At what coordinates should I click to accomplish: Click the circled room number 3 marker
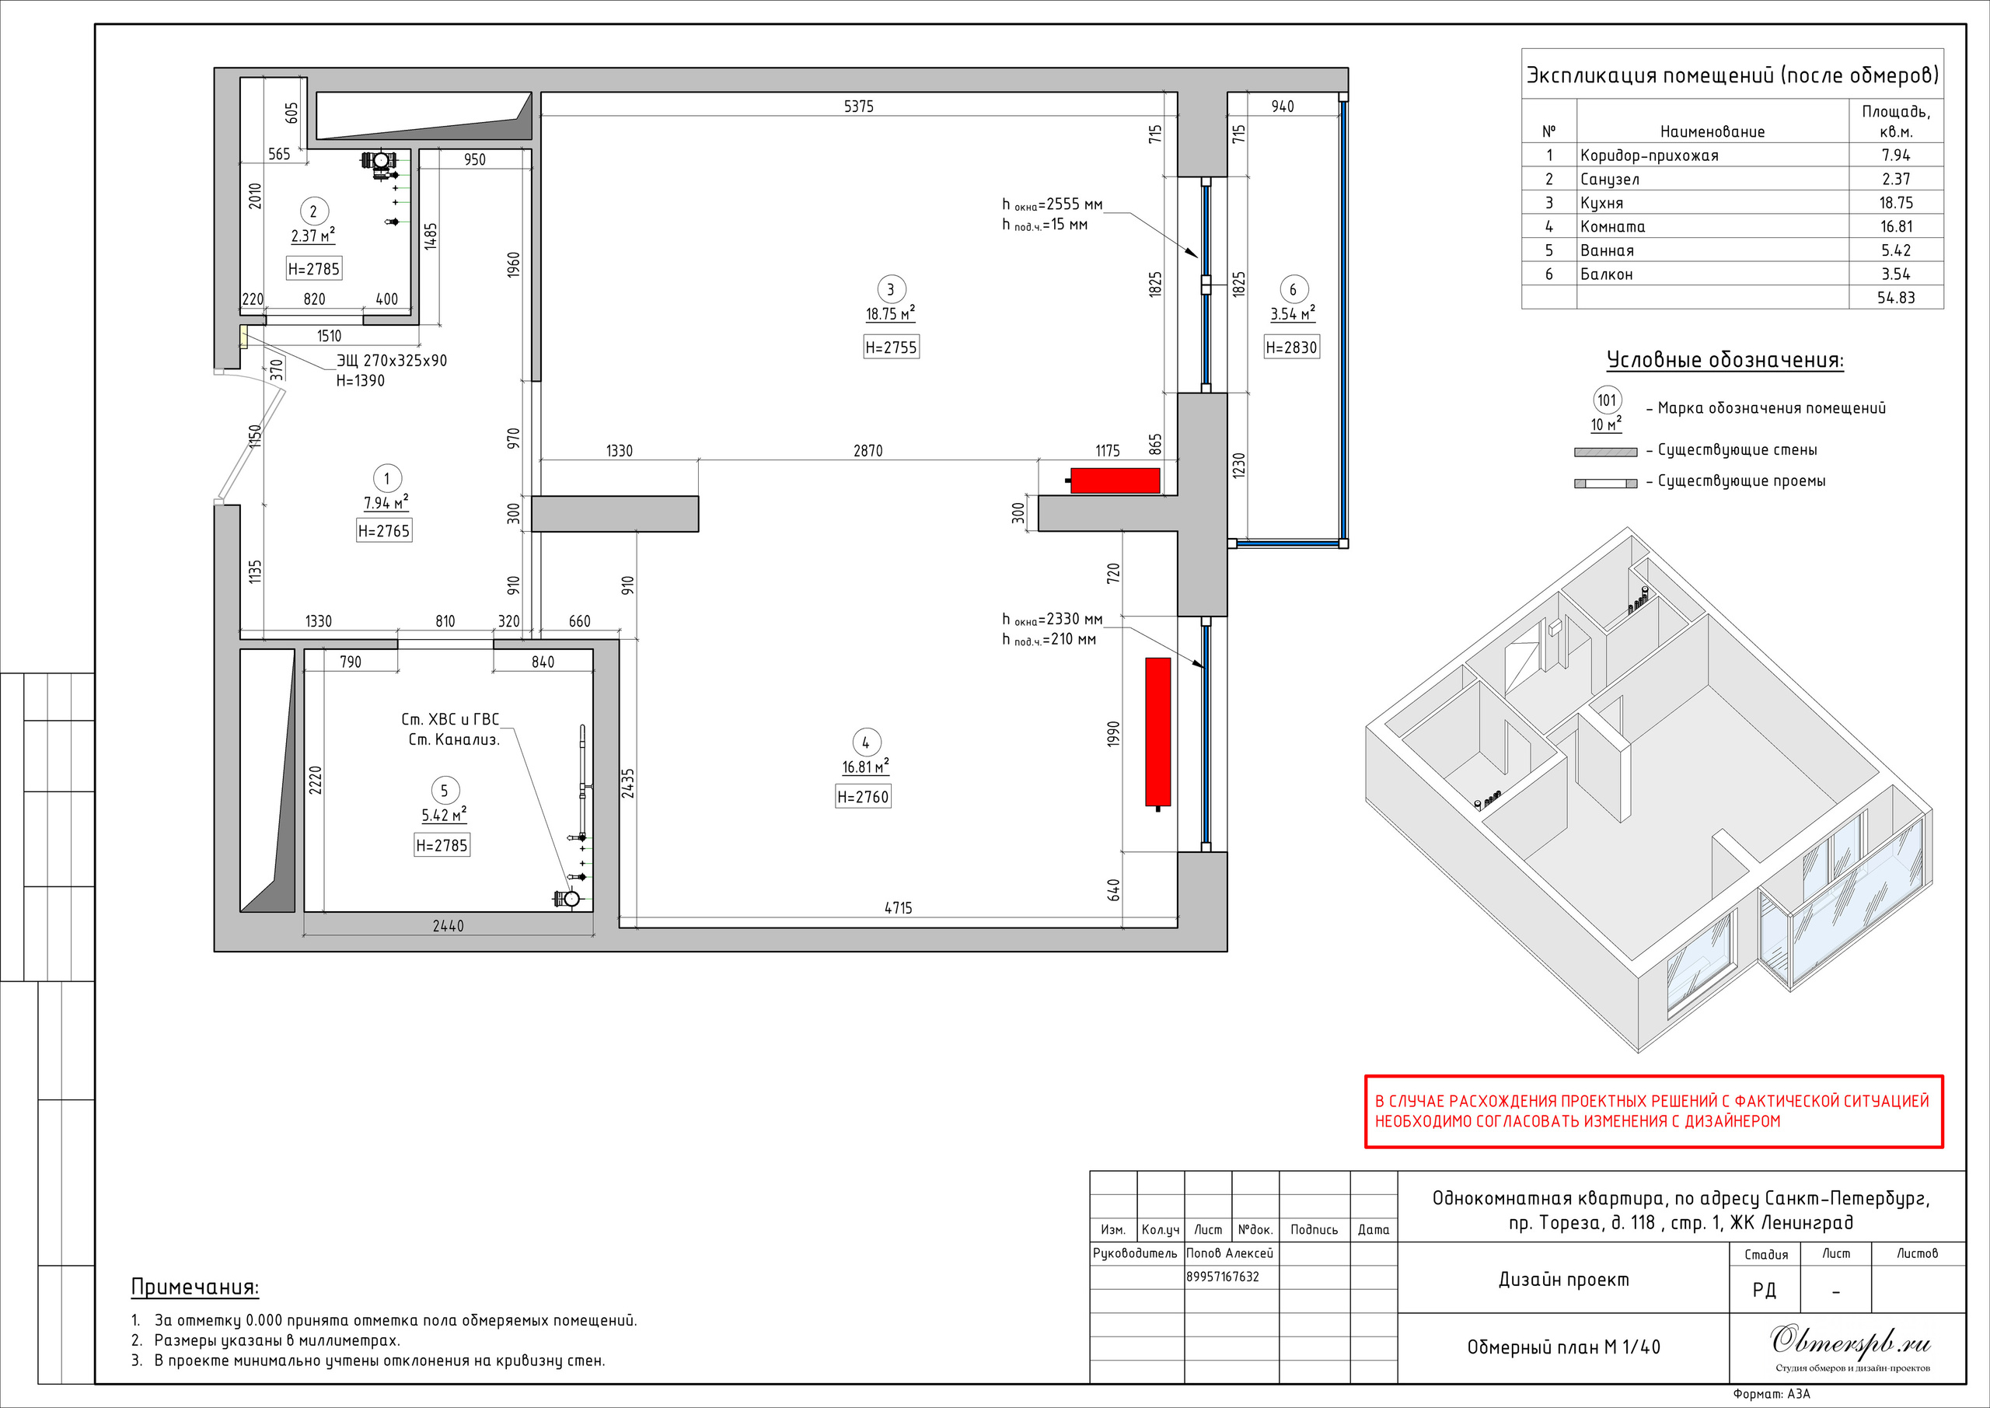pyautogui.click(x=890, y=289)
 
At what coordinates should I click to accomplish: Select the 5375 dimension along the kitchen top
pyautogui.click(x=859, y=106)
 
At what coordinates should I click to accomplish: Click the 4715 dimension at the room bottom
pyautogui.click(x=898, y=908)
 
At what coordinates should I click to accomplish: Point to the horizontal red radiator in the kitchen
pyautogui.click(x=1115, y=480)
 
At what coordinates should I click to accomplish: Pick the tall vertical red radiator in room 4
pyautogui.click(x=1158, y=732)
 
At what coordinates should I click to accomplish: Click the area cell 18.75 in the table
pyautogui.click(x=1895, y=202)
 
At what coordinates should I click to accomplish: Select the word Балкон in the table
pyautogui.click(x=1606, y=274)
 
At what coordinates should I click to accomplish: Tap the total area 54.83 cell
pyautogui.click(x=1895, y=297)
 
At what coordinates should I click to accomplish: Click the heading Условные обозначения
pyautogui.click(x=1725, y=360)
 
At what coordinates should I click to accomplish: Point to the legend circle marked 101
pyautogui.click(x=1607, y=400)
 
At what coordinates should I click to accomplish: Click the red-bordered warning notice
pyautogui.click(x=1653, y=1112)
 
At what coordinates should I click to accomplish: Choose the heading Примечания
pyautogui.click(x=195, y=1287)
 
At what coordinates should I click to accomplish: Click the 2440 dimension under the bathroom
pyautogui.click(x=448, y=926)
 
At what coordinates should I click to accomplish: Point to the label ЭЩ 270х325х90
pyautogui.click(x=392, y=360)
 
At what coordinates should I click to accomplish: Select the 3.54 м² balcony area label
pyautogui.click(x=1292, y=313)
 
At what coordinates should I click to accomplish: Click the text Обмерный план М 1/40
pyautogui.click(x=1563, y=1347)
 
